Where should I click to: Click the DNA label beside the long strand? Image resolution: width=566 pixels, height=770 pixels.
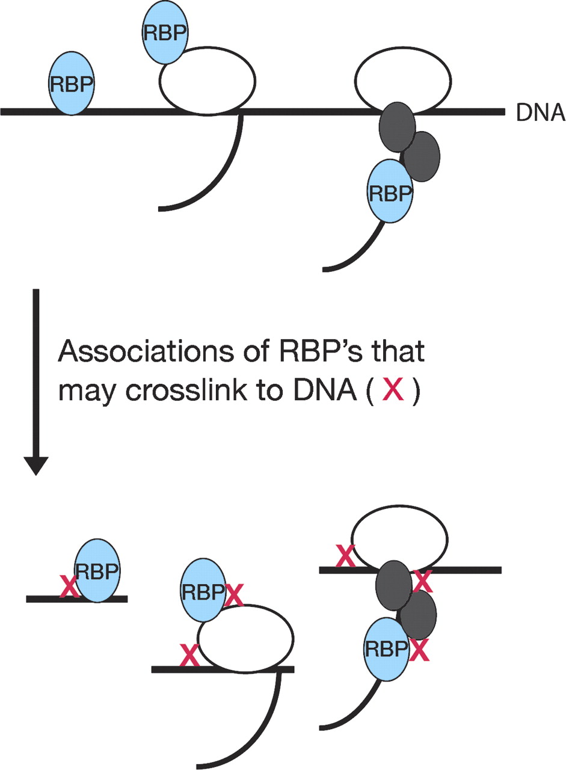[540, 112]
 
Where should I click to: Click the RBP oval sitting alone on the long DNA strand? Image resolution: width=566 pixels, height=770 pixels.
[72, 83]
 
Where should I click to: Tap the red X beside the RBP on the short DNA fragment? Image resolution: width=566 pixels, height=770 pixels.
[69, 587]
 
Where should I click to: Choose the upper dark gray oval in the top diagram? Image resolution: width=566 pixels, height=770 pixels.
[396, 128]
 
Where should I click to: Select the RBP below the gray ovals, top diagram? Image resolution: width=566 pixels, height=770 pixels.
[390, 192]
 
